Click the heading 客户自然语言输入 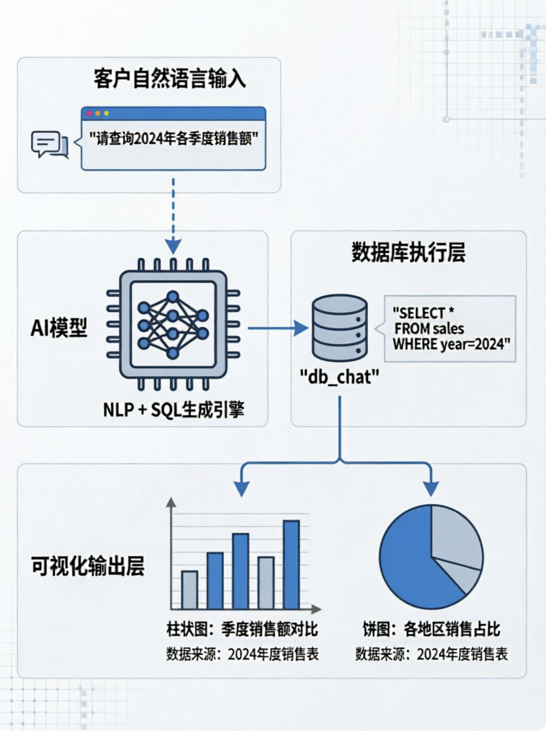(170, 78)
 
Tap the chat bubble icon (50, 145)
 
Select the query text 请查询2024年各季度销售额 (174, 138)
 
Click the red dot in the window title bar (90, 113)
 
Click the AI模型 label (59, 328)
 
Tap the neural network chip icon (173, 325)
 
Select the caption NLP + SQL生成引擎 (174, 410)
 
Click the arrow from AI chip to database (278, 328)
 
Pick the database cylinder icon (339, 328)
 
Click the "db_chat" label (339, 376)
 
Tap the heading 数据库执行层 (408, 253)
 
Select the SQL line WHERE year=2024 (451, 345)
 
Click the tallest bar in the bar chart (291, 565)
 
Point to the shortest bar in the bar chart (189, 590)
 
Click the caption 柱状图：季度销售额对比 (243, 629)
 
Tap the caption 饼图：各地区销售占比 (431, 629)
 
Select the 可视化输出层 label (88, 565)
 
